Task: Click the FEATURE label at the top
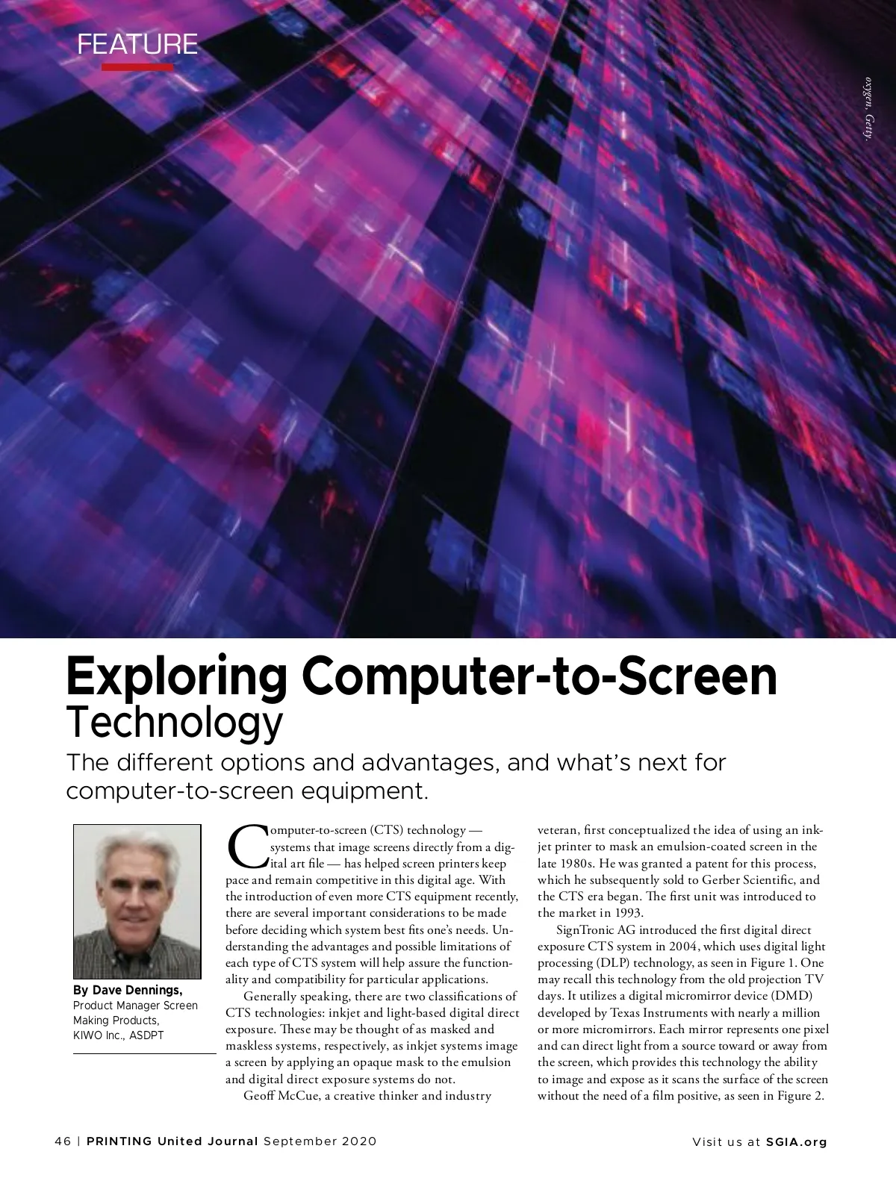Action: point(137,45)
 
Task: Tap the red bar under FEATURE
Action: point(137,67)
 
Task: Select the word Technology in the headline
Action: point(175,721)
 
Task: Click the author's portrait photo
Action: point(137,901)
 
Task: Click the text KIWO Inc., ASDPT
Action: point(118,1035)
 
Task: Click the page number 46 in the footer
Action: point(63,1141)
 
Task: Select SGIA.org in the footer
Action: point(797,1141)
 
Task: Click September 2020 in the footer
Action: point(320,1141)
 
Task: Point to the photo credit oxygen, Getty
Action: point(868,108)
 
